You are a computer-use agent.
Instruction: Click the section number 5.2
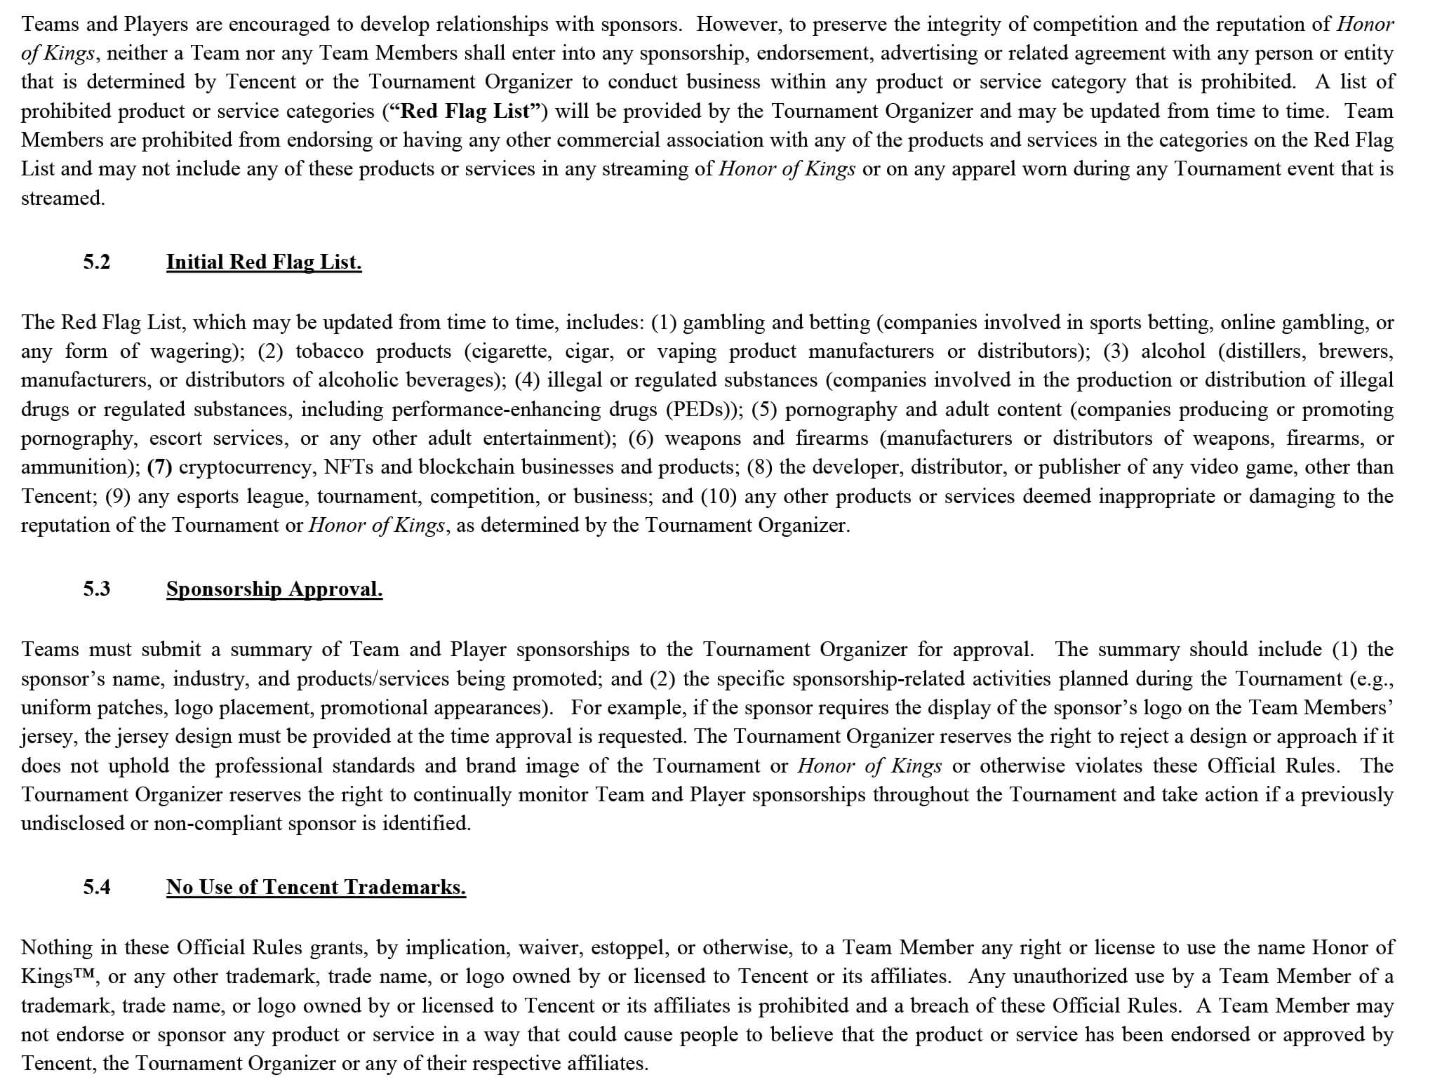[97, 262]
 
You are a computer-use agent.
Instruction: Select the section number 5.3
[97, 589]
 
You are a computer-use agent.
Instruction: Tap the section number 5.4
[97, 888]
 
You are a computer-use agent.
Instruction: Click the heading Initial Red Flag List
[264, 262]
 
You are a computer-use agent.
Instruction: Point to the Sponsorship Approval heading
[274, 589]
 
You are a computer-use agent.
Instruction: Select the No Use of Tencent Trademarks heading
[316, 888]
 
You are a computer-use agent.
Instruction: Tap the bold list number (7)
[160, 467]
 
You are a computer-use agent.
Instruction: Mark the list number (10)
[718, 497]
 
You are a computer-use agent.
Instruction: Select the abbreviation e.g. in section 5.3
[1370, 679]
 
